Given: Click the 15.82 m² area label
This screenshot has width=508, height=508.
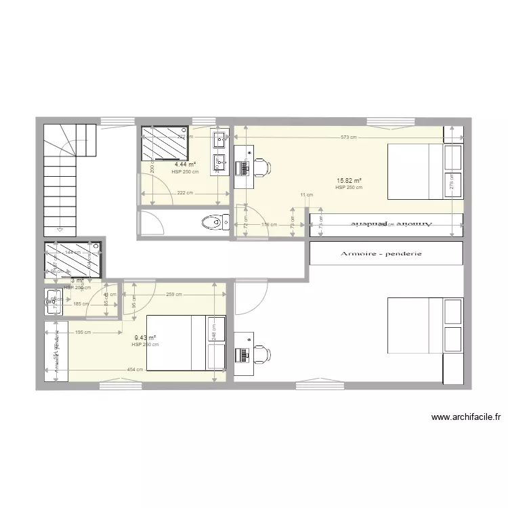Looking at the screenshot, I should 349,181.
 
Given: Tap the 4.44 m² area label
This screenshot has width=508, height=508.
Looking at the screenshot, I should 185,165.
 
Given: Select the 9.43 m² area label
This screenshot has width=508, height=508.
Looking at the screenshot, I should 145,338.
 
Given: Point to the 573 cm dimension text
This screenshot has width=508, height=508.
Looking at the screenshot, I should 349,137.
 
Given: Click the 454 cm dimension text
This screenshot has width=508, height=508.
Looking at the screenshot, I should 134,369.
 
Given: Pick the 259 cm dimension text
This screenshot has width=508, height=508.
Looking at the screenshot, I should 174,294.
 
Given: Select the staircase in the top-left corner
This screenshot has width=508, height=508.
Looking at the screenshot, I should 68,176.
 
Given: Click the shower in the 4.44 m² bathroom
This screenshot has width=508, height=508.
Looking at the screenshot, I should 165,143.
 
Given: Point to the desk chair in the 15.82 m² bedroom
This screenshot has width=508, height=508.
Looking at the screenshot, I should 261,167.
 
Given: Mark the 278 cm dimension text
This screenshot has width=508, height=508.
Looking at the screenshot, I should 452,182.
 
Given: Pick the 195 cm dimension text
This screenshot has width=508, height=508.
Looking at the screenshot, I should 83,332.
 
